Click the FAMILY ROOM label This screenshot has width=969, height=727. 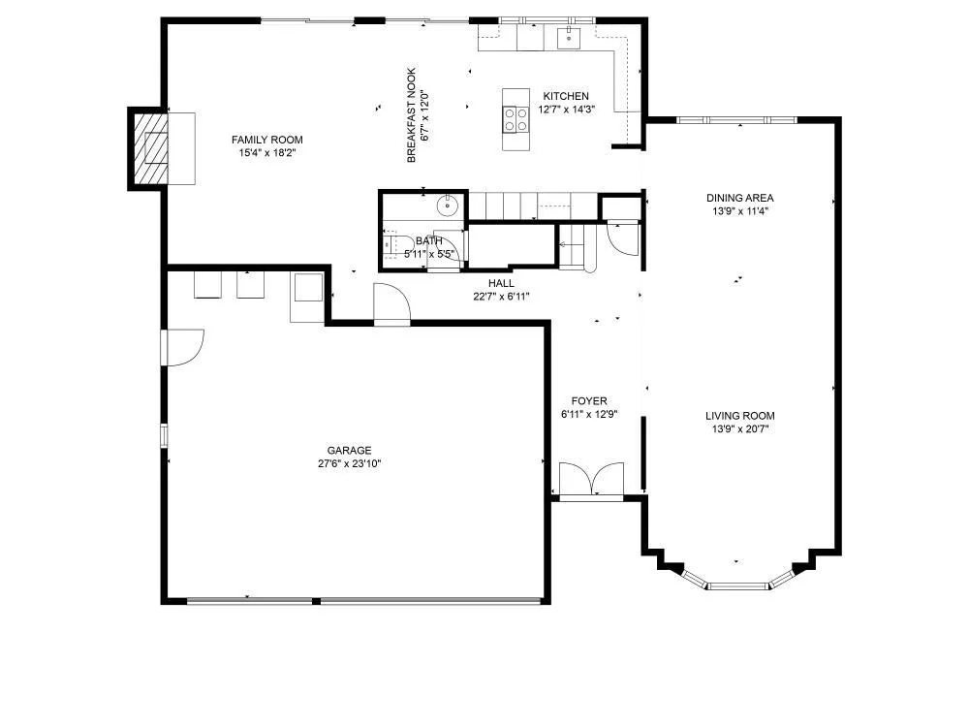267,140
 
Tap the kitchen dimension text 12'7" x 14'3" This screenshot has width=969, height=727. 567,110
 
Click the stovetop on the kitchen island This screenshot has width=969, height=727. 516,119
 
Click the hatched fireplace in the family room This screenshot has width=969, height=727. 149,148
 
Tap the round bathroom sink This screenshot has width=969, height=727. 448,205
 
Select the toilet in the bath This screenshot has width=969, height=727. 398,244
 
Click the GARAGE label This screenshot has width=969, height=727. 349,451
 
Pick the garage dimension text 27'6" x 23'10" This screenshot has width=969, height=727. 349,463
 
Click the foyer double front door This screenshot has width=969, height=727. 591,480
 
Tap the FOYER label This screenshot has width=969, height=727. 589,401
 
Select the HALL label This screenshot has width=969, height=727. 501,283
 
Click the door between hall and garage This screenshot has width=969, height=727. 391,303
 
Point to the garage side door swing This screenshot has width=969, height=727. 182,347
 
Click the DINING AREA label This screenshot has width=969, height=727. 739,198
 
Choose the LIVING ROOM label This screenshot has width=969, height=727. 739,416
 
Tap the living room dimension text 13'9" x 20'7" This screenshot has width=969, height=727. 739,429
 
